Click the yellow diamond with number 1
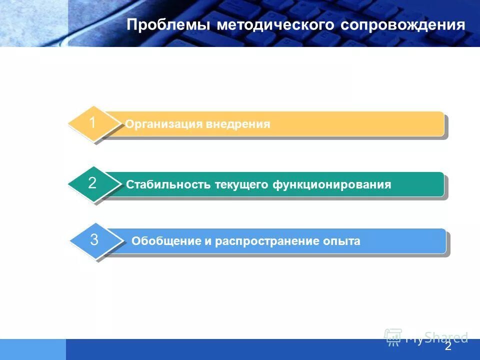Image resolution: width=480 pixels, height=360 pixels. coord(93,123)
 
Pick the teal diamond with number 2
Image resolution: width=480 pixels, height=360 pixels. coord(93,183)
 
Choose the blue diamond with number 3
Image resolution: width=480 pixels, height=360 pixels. coord(94,240)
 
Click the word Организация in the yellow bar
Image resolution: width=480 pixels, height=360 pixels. coord(163,124)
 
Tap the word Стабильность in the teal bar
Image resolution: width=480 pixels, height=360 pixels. coord(168,185)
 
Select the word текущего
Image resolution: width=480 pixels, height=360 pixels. coord(242,185)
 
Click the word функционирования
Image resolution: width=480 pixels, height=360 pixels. coord(332,185)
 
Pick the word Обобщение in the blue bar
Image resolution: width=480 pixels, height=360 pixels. coord(165,241)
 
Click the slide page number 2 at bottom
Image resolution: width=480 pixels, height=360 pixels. coord(448,346)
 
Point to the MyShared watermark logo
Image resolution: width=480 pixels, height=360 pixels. coord(425,337)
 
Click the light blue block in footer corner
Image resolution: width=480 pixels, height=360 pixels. coord(32,349)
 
